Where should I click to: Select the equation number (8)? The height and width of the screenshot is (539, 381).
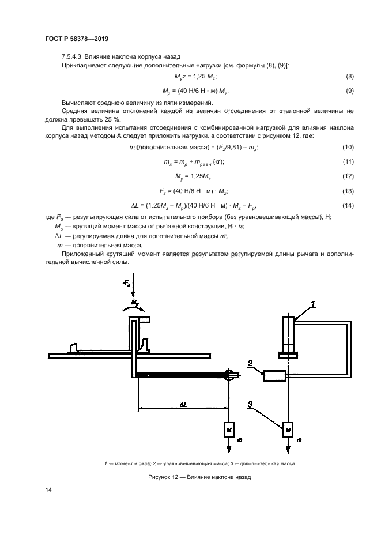pos(349,77)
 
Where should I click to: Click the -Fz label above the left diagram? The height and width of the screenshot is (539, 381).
pos(127,284)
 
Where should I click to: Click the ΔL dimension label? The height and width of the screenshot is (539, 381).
pos(182,405)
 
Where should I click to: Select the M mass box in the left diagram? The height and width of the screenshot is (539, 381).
pos(229,429)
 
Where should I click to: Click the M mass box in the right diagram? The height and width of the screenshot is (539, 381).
pos(287,429)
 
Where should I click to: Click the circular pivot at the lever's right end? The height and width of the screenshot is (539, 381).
pos(229,374)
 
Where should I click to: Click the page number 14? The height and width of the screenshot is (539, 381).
pos(49,490)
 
